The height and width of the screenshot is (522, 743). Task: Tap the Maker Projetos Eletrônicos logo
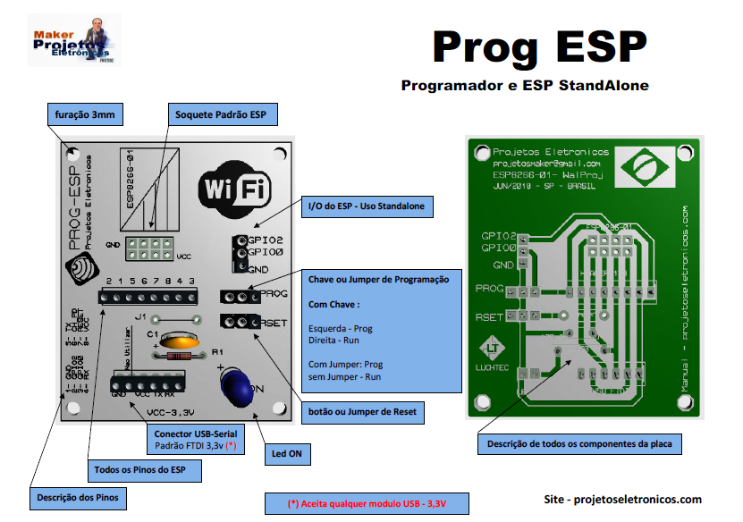[x=74, y=39]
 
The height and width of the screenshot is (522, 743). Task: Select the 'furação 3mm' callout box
[x=84, y=115]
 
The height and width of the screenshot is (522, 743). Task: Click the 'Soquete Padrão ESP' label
[x=221, y=115]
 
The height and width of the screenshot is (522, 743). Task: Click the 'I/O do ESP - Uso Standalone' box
[x=367, y=207]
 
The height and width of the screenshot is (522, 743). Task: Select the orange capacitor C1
[x=180, y=341]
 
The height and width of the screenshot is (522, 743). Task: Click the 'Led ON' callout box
[x=287, y=454]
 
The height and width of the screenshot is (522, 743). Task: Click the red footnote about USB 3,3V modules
[x=367, y=503]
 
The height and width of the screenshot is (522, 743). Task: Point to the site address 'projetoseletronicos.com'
[x=623, y=500]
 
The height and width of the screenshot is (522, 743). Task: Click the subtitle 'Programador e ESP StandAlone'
[x=525, y=87]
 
